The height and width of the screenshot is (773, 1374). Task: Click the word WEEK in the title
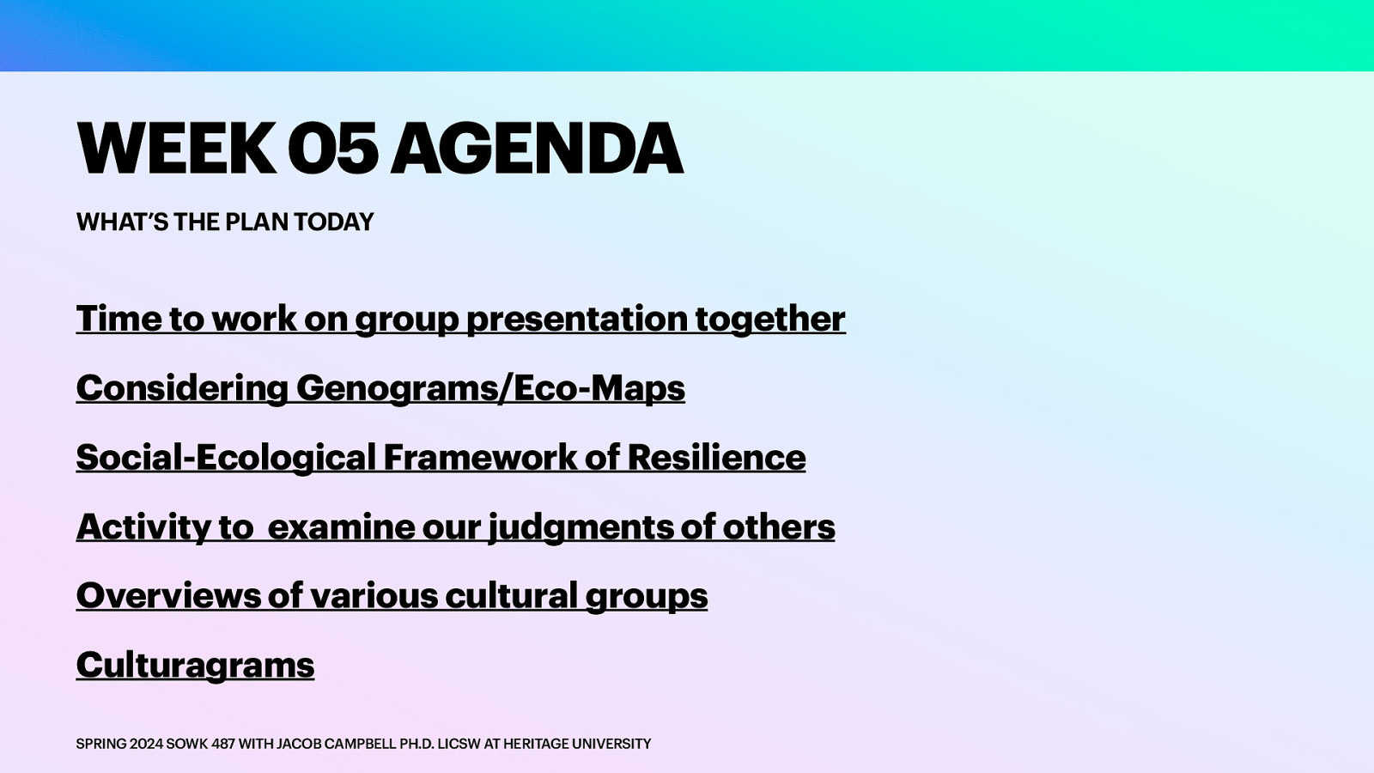(175, 149)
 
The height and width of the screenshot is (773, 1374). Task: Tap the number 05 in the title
(332, 149)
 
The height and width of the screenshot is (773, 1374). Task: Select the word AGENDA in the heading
(538, 149)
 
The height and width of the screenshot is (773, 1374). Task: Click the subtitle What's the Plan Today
(225, 222)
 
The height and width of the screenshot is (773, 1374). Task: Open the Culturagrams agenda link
(195, 665)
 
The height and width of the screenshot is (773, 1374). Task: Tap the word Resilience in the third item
(716, 457)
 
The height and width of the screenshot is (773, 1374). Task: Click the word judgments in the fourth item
(581, 526)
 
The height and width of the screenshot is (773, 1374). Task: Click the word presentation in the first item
(577, 319)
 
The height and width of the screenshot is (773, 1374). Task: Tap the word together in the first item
(770, 319)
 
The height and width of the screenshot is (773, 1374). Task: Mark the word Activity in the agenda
(143, 526)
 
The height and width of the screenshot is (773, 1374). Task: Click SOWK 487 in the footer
(200, 744)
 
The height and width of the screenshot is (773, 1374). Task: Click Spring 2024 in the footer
(119, 744)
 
